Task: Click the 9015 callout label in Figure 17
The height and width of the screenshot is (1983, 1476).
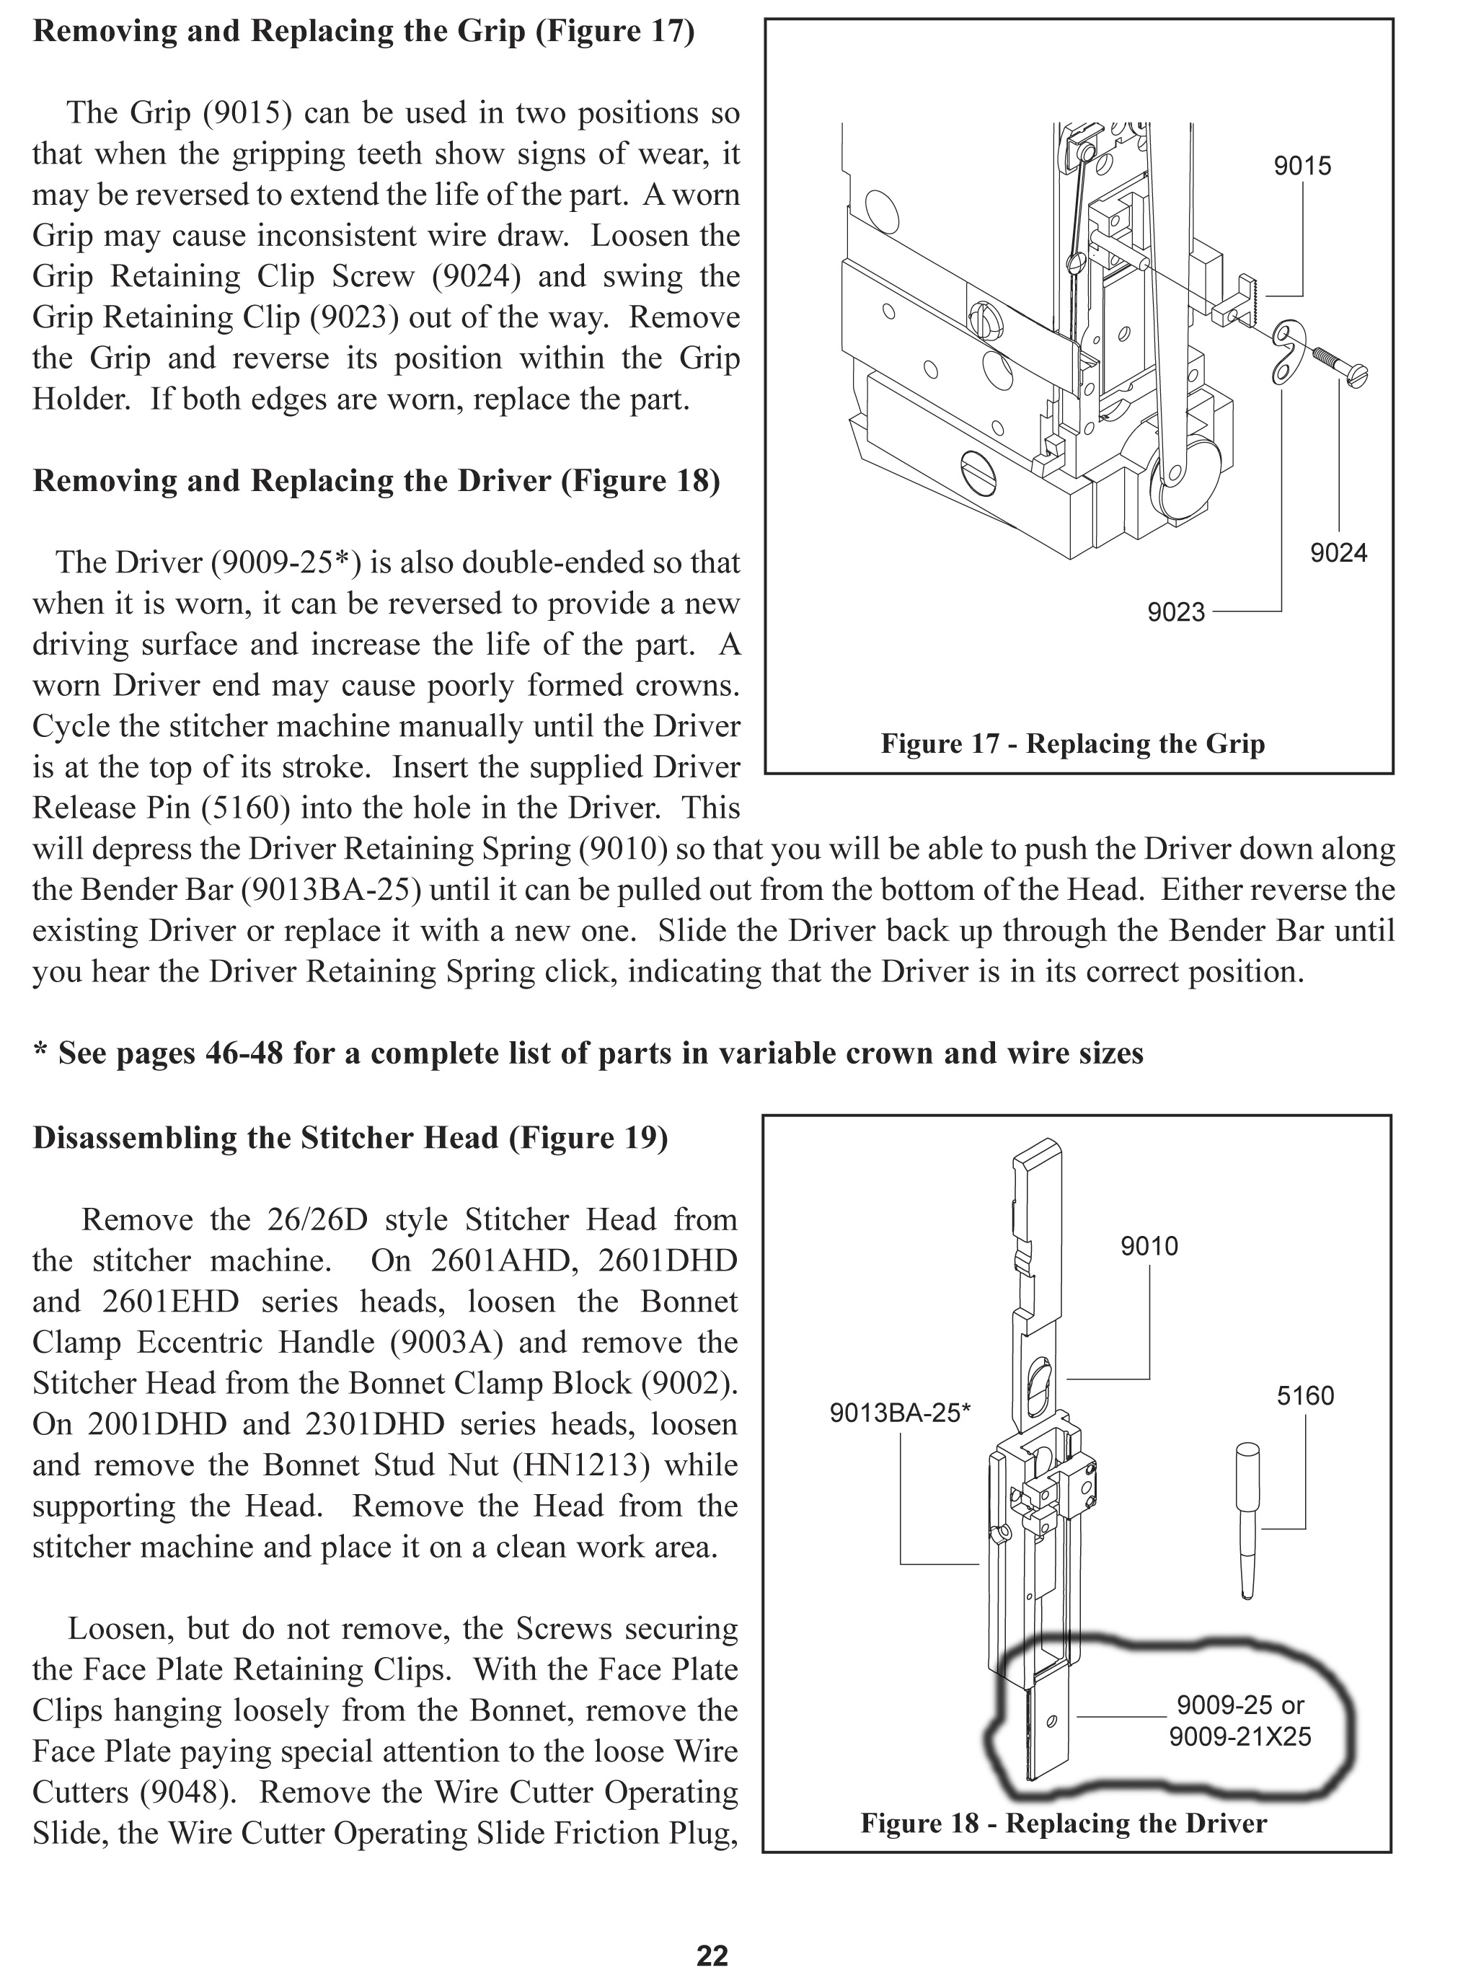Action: (1302, 166)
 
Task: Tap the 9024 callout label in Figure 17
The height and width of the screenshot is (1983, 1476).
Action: (1338, 554)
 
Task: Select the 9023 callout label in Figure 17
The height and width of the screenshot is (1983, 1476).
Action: (1176, 613)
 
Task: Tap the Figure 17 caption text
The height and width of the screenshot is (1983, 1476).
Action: (1072, 744)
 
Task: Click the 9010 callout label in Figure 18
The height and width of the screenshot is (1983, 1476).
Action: (1149, 1246)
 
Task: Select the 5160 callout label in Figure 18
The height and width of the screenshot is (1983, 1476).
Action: (1304, 1396)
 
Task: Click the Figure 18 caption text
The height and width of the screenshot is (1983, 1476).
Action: (1064, 1823)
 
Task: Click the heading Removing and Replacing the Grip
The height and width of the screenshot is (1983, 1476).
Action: (363, 31)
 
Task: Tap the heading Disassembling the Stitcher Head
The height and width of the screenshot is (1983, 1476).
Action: (350, 1138)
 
